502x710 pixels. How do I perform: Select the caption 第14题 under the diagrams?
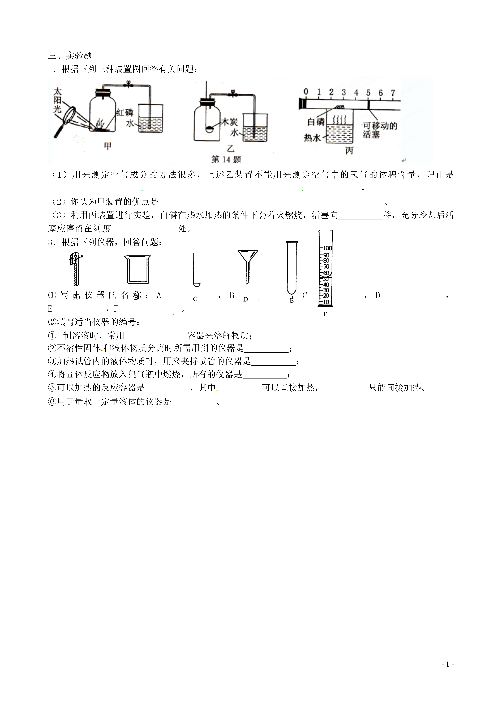pyautogui.click(x=226, y=159)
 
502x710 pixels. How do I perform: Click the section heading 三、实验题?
pyautogui.click(x=70, y=56)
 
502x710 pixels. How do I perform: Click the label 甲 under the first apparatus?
pyautogui.click(x=107, y=146)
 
